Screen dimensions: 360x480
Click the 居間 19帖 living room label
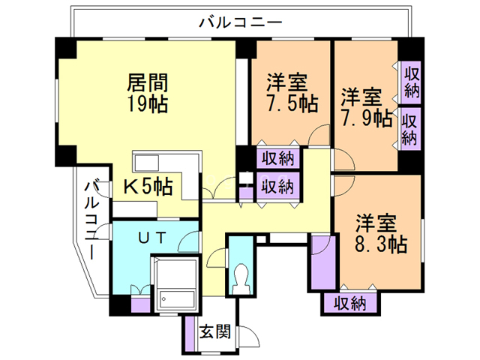coord(147,91)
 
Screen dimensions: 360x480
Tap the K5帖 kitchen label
coord(148,186)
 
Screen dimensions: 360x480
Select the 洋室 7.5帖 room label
coord(292,92)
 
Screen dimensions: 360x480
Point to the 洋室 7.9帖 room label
coord(367,108)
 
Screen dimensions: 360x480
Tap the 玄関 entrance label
coord(214,331)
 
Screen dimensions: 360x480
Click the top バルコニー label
coord(240,22)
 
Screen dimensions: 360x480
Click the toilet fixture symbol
coord(241,275)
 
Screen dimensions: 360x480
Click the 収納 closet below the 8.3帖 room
coord(349,304)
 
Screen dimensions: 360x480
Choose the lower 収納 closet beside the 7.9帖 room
coord(409,128)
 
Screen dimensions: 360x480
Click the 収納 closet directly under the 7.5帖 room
coord(277,158)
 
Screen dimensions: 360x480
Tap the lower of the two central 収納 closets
coord(277,185)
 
